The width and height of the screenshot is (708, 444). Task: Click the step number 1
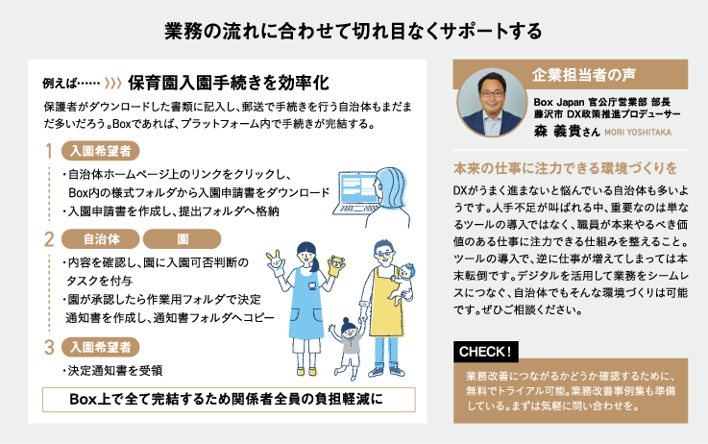(49, 151)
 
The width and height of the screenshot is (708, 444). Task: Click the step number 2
(49, 239)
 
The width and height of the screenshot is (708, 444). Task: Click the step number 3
(49, 347)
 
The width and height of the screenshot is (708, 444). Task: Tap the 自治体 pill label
(101, 239)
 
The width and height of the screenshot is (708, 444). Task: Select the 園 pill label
(182, 239)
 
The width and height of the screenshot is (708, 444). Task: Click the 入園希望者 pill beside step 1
(100, 151)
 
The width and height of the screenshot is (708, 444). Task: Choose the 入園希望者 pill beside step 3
(100, 347)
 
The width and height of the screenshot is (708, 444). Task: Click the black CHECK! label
(486, 352)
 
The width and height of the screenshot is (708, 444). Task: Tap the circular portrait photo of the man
(492, 103)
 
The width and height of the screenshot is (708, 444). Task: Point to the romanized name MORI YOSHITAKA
(638, 133)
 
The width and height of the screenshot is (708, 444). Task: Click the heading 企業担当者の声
(584, 75)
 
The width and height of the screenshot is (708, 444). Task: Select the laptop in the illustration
(355, 193)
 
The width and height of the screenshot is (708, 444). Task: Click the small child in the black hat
(348, 347)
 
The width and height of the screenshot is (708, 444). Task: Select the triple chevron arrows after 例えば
(113, 83)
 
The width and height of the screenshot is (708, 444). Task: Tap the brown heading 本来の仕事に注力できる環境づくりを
(565, 168)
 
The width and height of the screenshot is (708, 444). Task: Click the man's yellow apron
(385, 303)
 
